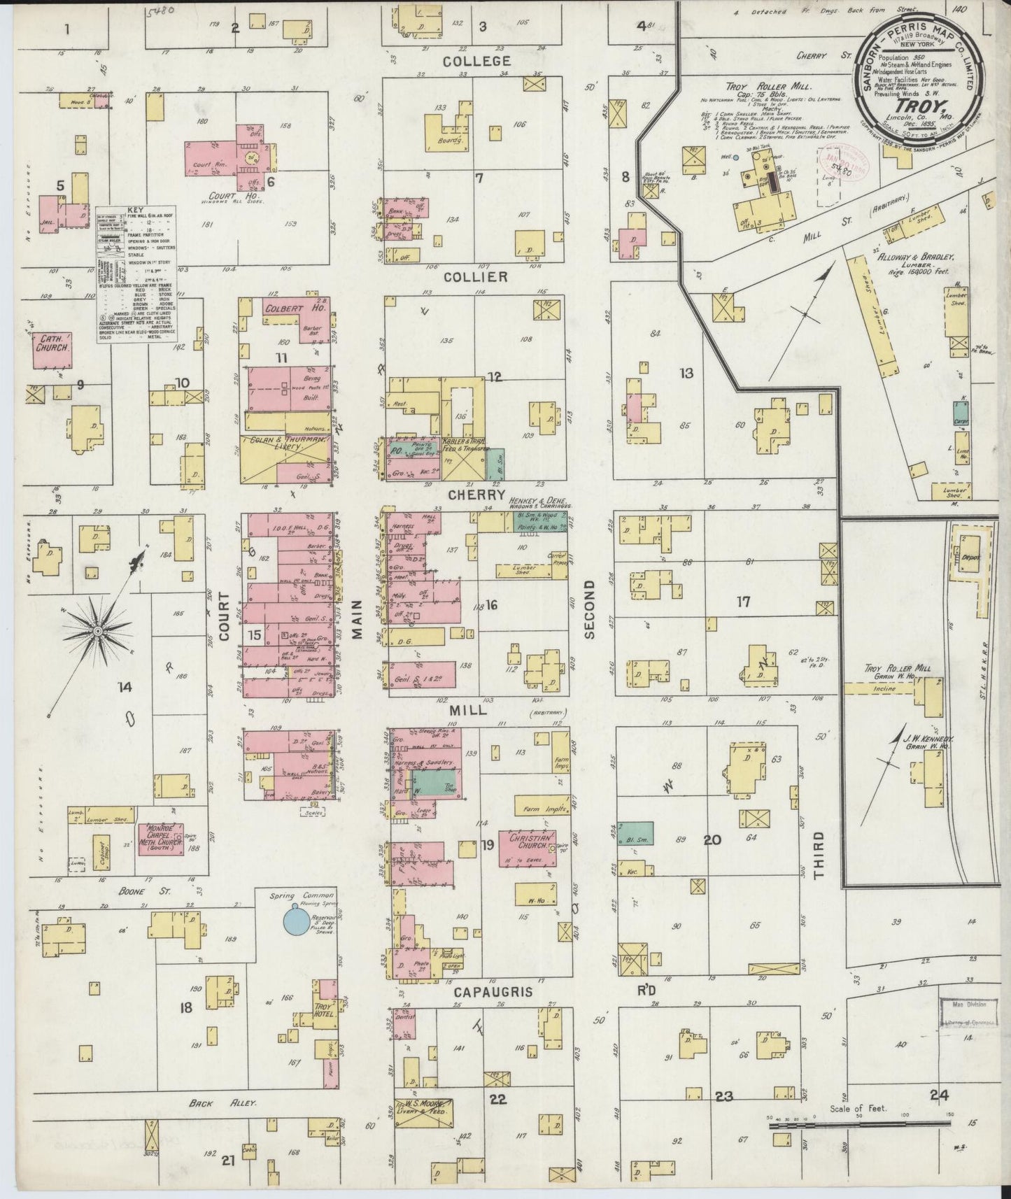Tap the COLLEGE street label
[x=476, y=62]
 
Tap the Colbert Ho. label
[x=288, y=308]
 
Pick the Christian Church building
[x=527, y=848]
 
